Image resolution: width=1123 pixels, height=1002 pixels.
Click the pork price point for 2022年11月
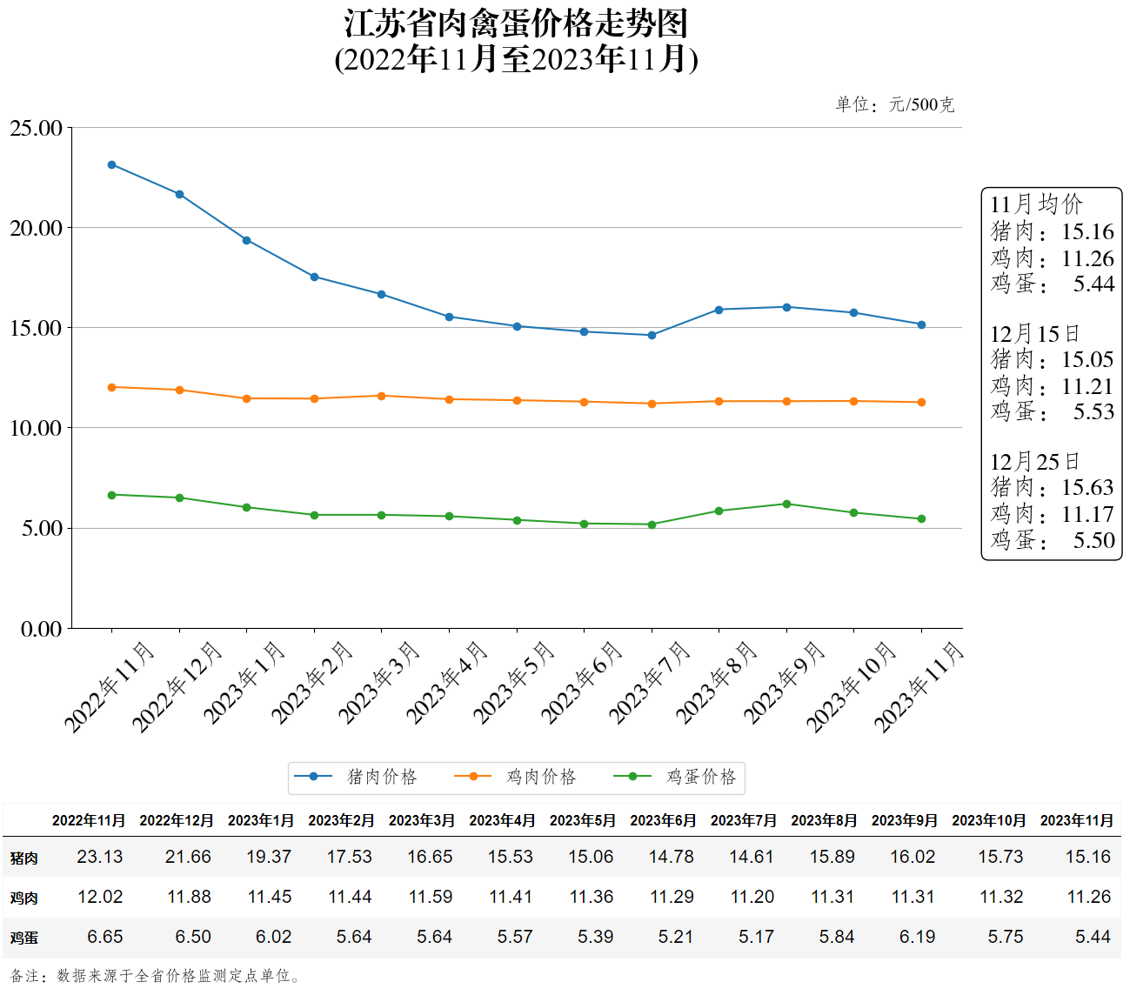tap(111, 164)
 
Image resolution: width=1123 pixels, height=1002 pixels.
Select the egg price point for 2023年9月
tap(786, 504)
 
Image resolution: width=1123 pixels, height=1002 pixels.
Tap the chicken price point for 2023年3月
tap(381, 396)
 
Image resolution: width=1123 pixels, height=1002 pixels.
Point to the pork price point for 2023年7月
tap(652, 335)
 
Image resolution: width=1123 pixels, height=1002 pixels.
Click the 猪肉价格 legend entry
tap(357, 777)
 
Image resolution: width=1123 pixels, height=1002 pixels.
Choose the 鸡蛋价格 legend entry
tap(676, 777)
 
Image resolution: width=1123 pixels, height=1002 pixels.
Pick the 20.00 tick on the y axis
tap(37, 228)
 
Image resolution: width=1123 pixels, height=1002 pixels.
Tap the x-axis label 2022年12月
tap(176, 687)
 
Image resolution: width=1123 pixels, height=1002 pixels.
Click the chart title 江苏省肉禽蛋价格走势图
tap(516, 23)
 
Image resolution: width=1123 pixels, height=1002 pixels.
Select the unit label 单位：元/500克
tap(894, 104)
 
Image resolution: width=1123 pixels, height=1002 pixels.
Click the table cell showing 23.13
tap(100, 857)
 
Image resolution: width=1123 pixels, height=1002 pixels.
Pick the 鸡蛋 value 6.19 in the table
tap(917, 937)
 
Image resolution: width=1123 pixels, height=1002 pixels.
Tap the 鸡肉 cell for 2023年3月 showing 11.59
tap(431, 897)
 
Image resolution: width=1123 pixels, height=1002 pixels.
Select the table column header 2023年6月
tap(663, 820)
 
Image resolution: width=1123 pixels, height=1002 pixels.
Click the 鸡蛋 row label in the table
tap(24, 938)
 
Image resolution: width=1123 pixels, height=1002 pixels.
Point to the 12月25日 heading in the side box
tap(1034, 461)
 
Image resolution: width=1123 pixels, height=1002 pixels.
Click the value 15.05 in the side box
tap(1086, 359)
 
